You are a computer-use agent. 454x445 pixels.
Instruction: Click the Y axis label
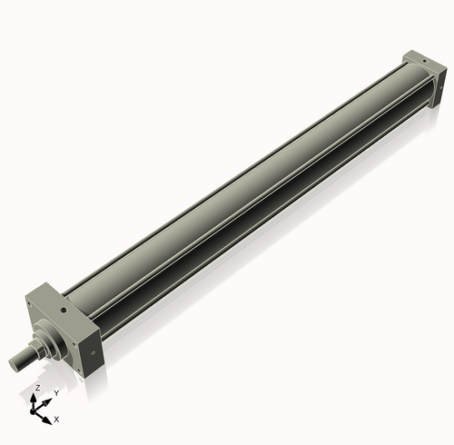pos(56,392)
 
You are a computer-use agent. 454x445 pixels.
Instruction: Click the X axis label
pos(56,420)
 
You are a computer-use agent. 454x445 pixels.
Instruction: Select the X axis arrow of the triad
pos(46,416)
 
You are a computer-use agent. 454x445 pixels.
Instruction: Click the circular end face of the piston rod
pos(15,363)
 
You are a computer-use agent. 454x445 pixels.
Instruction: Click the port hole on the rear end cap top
pos(423,62)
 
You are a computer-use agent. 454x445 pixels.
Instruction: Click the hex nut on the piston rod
pos(42,346)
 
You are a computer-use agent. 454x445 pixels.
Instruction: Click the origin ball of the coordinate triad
pos(37,410)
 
